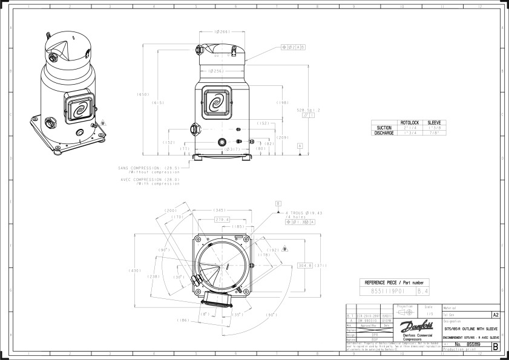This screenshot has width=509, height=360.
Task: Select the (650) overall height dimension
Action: tap(143, 94)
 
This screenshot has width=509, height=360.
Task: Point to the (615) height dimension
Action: tap(158, 102)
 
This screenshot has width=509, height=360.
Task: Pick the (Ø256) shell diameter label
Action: tap(217, 71)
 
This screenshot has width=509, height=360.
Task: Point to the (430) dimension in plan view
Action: tap(135, 270)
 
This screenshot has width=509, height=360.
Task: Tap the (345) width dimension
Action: tap(220, 210)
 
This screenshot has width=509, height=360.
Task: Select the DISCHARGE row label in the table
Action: tap(384, 133)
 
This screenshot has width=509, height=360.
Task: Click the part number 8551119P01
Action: tap(387, 291)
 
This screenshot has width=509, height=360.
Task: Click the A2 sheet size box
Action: tap(496, 315)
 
